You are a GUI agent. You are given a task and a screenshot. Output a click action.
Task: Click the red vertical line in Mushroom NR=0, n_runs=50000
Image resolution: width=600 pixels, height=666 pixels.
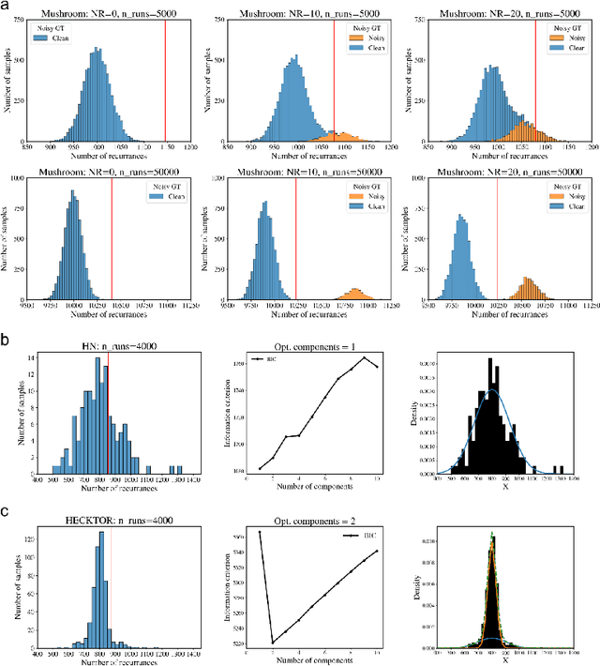tap(112, 235)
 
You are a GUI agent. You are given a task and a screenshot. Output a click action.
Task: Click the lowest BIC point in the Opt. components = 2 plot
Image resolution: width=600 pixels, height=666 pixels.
tap(273, 643)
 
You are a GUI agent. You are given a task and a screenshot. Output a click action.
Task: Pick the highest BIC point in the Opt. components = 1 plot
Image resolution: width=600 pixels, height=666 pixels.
tap(364, 357)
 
